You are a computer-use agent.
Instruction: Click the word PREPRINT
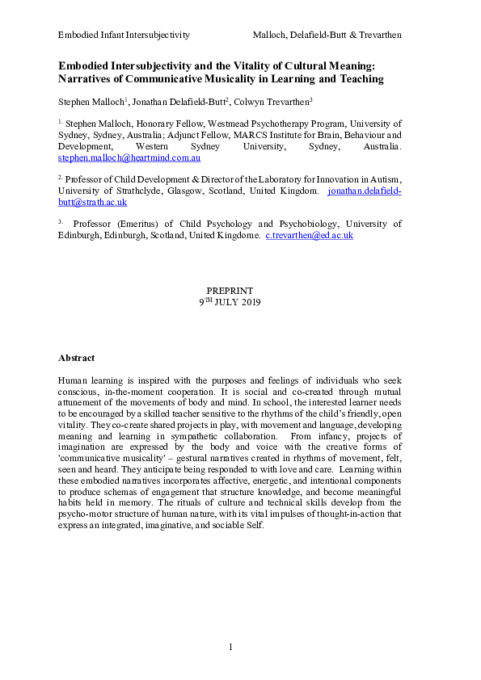[x=230, y=290]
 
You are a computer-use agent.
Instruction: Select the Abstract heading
[x=76, y=358]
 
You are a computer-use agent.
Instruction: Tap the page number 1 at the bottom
[x=230, y=646]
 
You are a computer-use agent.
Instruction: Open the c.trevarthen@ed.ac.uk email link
[x=309, y=235]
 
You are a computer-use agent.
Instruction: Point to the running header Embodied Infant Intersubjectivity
[x=124, y=35]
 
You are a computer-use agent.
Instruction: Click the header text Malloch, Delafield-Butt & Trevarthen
[x=327, y=35]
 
